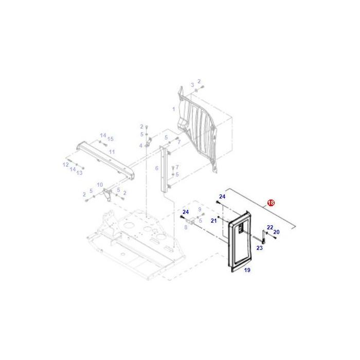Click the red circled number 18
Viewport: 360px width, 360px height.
(271, 203)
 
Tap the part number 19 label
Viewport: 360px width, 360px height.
(247, 270)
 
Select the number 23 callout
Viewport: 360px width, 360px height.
(259, 248)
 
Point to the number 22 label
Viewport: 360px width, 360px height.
(270, 227)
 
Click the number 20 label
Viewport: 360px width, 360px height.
(276, 232)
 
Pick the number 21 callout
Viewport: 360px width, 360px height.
(213, 221)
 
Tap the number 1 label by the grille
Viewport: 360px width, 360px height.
(174, 109)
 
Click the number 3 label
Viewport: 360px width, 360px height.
(192, 85)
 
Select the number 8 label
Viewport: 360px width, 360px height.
(186, 226)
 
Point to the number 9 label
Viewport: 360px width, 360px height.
(200, 209)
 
